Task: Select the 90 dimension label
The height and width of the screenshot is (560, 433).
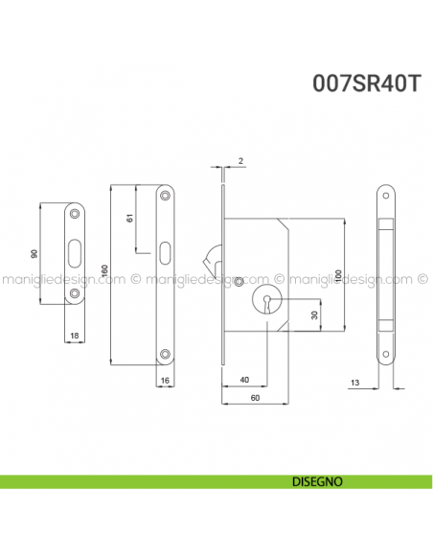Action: (x=34, y=254)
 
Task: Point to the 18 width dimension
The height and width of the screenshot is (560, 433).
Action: (x=73, y=336)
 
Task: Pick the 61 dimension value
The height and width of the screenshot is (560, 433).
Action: (x=130, y=220)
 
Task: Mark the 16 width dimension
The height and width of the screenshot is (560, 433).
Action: (x=167, y=381)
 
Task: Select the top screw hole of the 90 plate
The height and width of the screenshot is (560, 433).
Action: (x=74, y=211)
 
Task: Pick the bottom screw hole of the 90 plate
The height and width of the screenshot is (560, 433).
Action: (x=74, y=296)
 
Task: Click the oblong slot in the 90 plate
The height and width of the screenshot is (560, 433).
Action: (x=74, y=254)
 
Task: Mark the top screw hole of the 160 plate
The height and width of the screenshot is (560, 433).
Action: (x=167, y=195)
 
